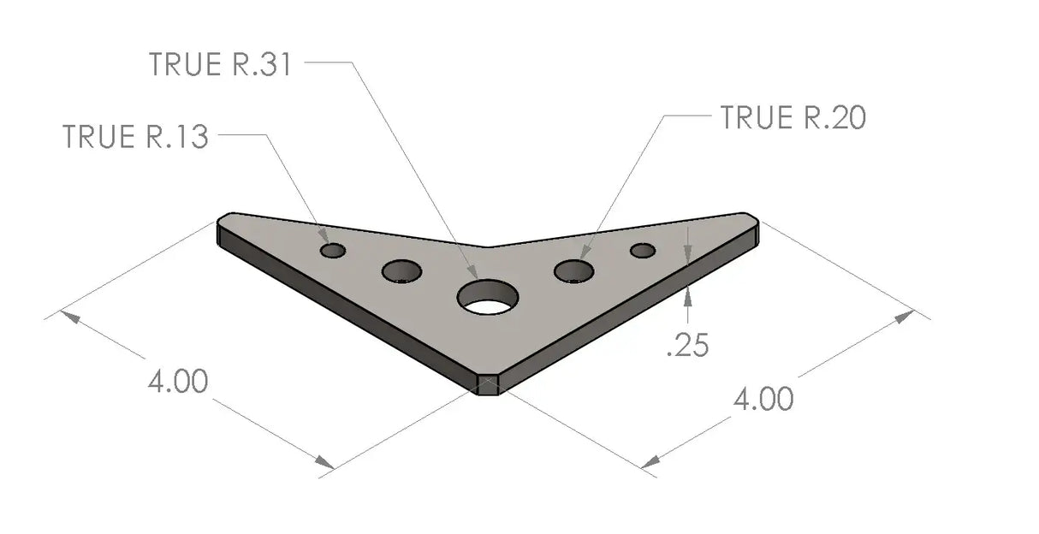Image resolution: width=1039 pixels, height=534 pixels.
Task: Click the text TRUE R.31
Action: click(220, 65)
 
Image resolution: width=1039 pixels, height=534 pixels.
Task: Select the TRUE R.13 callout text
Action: click(135, 137)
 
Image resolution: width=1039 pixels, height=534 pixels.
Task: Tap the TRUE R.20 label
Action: click(793, 118)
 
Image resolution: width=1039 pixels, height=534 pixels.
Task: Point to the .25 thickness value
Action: click(686, 346)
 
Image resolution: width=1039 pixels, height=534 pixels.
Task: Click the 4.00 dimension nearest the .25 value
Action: click(762, 399)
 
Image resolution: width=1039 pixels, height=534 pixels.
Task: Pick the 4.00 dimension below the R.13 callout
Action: click(177, 382)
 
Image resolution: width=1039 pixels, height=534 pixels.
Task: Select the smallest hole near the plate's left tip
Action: click(333, 250)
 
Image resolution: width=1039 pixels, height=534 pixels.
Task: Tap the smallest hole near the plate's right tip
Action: click(643, 250)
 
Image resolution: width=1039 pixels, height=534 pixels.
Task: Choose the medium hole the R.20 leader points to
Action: click(574, 271)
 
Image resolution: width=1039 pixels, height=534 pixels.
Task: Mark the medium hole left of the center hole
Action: click(401, 272)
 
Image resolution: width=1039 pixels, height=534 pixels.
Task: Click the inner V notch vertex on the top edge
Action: click(487, 246)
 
